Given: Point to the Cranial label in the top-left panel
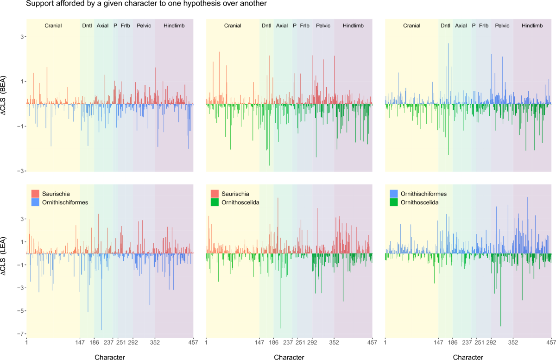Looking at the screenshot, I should coord(53,25).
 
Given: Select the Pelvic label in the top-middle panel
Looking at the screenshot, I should coord(323,25).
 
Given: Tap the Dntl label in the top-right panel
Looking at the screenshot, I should coord(445,25).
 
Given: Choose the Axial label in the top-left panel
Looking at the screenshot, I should coord(102,25).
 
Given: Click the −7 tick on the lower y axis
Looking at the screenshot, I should coord(20,334).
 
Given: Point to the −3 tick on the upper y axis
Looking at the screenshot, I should coord(20,171).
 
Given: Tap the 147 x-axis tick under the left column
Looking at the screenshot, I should coord(80,343).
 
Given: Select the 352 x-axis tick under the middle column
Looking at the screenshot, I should coord(334,343).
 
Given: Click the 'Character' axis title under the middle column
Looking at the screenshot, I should coord(289,357).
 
